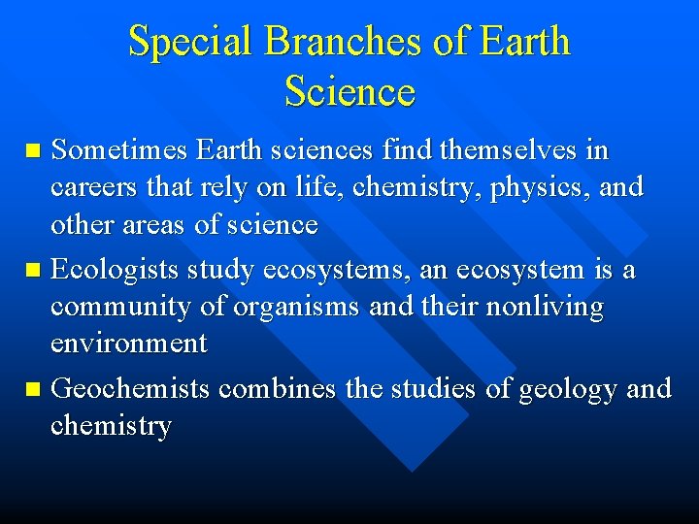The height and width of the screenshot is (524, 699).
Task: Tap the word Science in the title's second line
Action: pyautogui.click(x=349, y=92)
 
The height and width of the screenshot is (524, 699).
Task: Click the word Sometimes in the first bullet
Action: pyautogui.click(x=118, y=151)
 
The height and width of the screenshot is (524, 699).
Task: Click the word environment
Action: pyautogui.click(x=129, y=344)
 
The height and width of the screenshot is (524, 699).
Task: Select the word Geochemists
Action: pyautogui.click(x=130, y=389)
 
